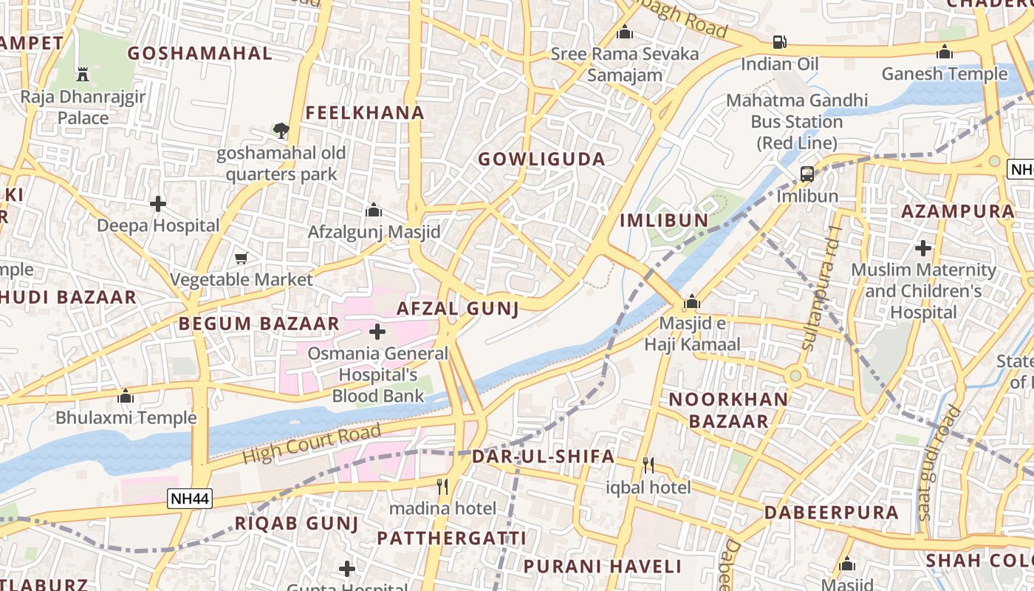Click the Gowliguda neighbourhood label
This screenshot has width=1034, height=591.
tap(541, 159)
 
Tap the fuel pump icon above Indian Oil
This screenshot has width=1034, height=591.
tap(779, 42)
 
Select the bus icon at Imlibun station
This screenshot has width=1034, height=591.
tap(807, 175)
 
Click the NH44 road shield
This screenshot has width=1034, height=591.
tap(190, 499)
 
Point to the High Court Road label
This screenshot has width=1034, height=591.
tap(312, 443)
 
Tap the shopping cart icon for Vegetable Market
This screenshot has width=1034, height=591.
tap(242, 258)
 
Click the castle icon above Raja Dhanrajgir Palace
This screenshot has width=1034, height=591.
tap(83, 74)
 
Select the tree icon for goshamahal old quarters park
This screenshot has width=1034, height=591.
tap(281, 131)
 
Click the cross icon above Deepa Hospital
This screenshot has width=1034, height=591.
tap(158, 204)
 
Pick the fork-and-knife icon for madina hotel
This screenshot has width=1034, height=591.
tap(442, 486)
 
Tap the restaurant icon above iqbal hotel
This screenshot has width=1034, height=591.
tap(648, 465)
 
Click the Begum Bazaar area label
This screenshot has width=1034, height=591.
tap(258, 323)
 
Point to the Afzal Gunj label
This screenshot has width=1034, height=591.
tap(458, 308)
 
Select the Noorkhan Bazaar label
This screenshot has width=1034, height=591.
tap(718, 410)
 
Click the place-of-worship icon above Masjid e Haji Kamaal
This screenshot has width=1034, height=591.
tap(692, 302)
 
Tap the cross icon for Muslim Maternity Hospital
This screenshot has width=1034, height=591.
tap(923, 248)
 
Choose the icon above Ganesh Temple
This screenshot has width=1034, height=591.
tap(944, 52)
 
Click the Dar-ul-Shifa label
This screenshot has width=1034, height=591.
tap(543, 456)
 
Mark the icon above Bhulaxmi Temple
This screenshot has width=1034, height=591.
tap(126, 396)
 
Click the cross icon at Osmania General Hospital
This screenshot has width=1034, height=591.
tap(377, 332)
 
